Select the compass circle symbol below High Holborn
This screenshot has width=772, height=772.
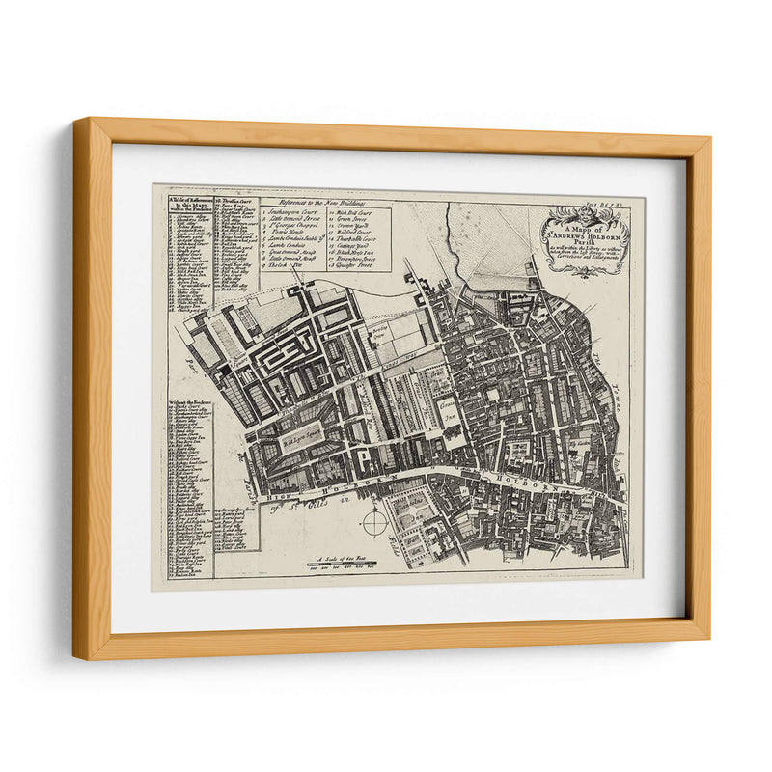[x=374, y=522]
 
